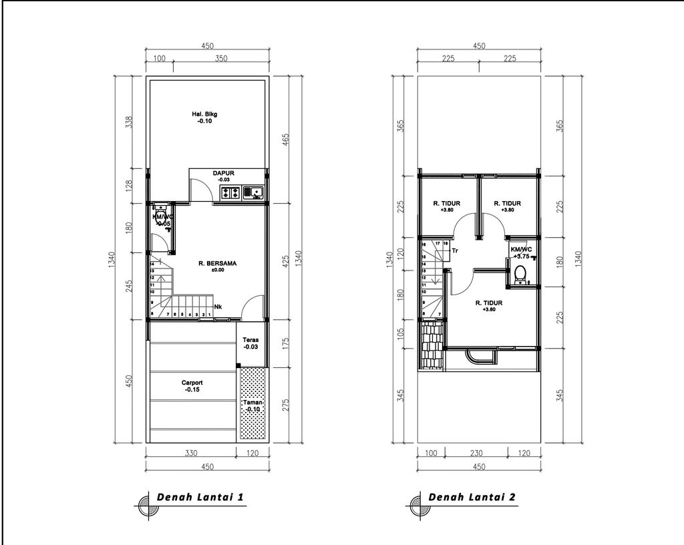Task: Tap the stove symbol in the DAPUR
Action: pos(230,193)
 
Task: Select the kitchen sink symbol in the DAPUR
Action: pos(253,193)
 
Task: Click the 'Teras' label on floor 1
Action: pos(252,343)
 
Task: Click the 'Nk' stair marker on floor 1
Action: pos(218,307)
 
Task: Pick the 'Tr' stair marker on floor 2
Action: pos(455,250)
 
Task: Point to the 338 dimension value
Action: pos(130,122)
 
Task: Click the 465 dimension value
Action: pos(286,139)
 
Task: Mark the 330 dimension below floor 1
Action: pos(190,453)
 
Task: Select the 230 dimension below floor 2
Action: pos(476,453)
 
